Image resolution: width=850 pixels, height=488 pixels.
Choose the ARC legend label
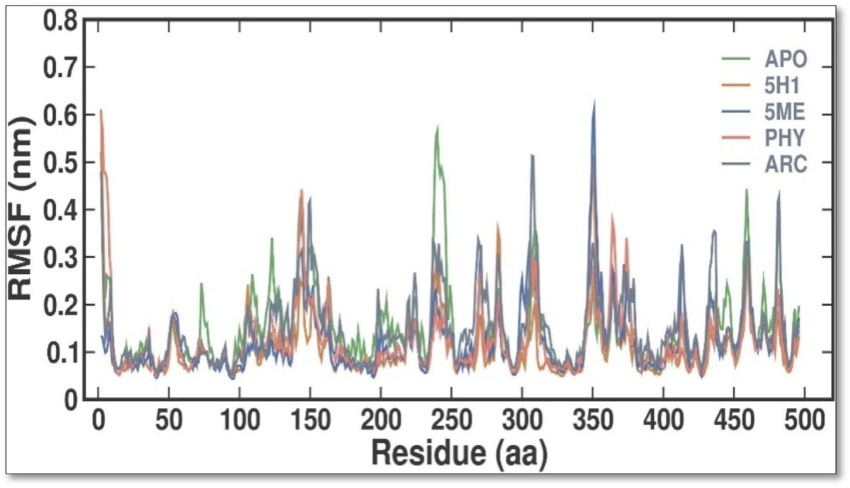point(785,166)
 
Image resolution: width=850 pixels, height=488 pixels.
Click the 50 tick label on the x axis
point(169,421)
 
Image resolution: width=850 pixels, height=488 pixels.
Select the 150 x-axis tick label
point(309,421)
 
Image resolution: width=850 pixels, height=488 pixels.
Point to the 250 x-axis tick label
point(451,421)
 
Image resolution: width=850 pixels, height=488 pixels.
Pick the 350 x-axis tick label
point(592,421)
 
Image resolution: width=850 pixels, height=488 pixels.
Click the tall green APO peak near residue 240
point(437,127)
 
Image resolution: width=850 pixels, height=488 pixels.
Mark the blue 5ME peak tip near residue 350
point(594,101)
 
